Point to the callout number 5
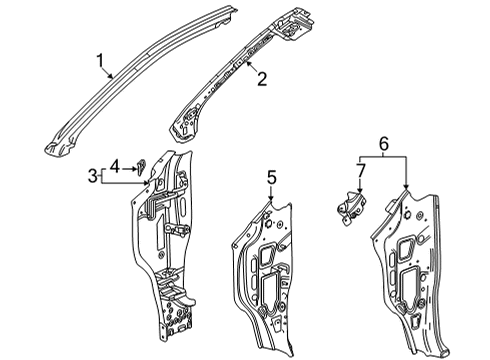[269, 180]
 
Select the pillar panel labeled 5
[265, 270]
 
